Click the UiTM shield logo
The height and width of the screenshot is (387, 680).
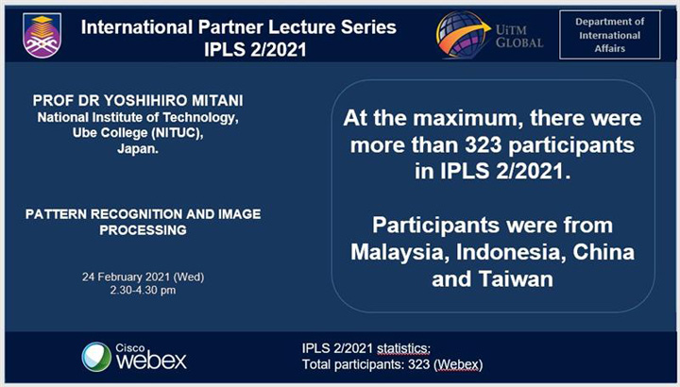point(42,36)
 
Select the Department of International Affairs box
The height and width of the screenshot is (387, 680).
point(610,35)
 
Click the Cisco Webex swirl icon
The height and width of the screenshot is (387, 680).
point(96,357)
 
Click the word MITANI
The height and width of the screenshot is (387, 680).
point(218,101)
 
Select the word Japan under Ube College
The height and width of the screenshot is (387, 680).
point(138,149)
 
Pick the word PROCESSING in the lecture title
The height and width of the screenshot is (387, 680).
point(144,230)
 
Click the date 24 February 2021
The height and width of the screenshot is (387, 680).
point(126,277)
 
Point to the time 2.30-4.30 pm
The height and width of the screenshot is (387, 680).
point(143,290)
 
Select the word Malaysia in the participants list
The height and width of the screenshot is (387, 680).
point(399,252)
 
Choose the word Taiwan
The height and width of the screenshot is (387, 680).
point(516,278)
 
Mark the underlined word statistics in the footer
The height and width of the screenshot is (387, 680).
point(403,348)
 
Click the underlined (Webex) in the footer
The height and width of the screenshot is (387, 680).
point(458,364)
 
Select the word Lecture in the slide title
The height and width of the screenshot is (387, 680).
point(297,27)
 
